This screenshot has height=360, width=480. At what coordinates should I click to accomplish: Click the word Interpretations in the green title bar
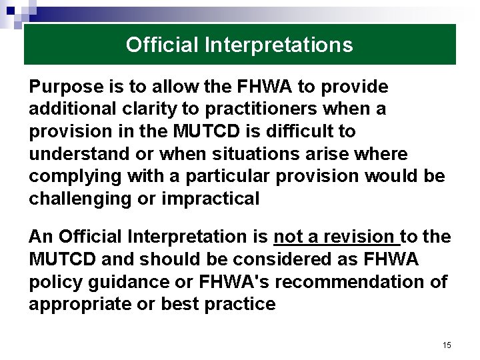tap(279, 45)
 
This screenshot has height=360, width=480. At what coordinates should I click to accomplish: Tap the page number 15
tap(447, 345)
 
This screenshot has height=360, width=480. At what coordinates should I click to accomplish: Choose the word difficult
tap(290, 131)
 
